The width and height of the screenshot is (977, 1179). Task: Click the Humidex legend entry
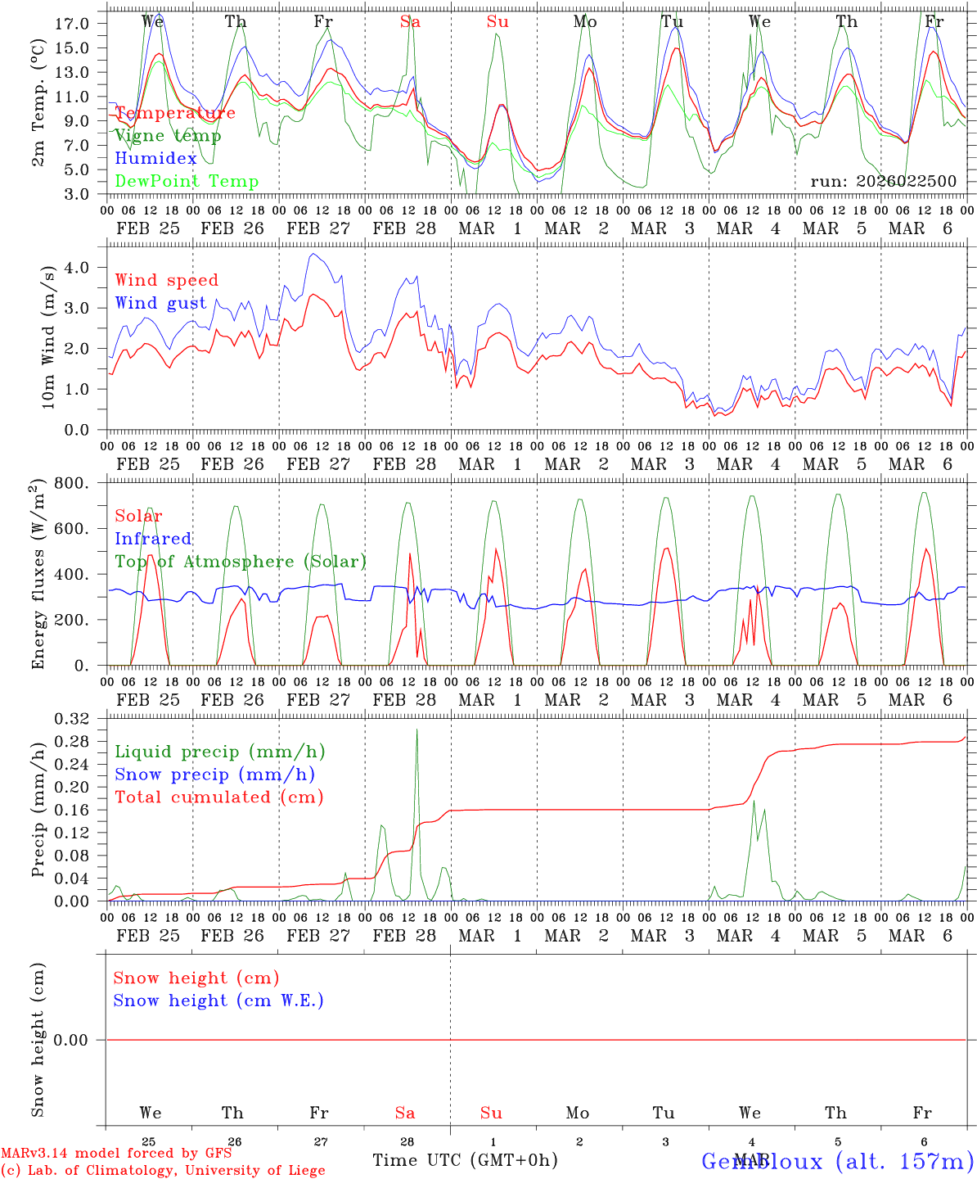155,159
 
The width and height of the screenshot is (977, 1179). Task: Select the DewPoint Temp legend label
187,182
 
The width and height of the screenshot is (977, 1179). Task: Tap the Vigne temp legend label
167,136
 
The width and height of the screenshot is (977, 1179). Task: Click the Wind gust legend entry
160,303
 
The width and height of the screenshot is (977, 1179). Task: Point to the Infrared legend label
153,539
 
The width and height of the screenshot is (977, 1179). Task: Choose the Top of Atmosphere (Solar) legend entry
240,562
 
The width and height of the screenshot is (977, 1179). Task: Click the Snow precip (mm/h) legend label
214,775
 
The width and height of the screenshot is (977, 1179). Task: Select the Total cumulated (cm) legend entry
218,797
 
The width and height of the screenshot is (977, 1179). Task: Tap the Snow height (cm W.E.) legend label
218,1001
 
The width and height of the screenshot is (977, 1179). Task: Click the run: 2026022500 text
883,182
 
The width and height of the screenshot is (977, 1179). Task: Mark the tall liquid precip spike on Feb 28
416,730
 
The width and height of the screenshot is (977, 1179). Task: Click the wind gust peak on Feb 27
313,255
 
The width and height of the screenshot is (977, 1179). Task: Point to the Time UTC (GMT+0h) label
465,1160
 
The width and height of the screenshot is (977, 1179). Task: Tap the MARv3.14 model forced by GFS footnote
116,1154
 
